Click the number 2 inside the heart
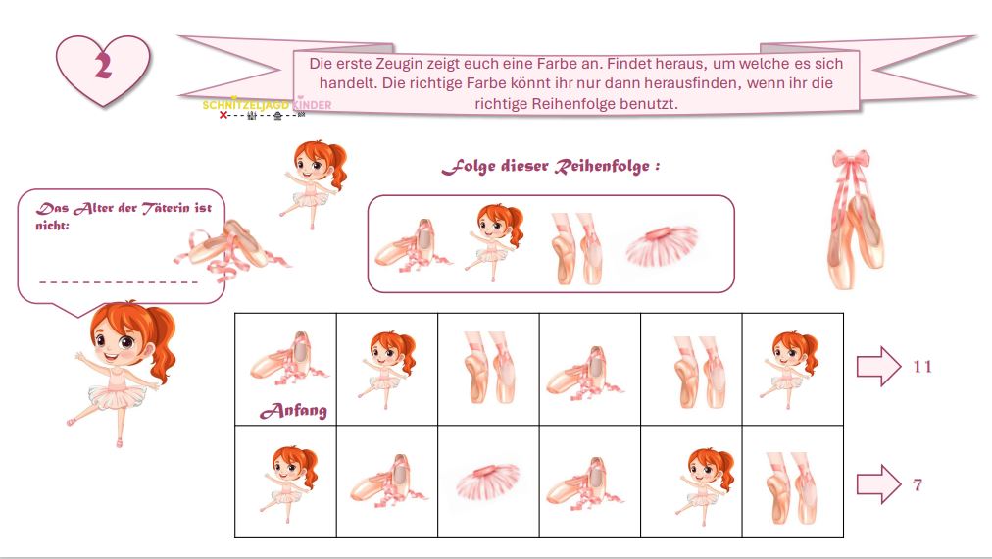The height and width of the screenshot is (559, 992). (x=103, y=66)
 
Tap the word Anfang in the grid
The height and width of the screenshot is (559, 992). (x=293, y=411)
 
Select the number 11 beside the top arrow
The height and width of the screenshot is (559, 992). (x=922, y=367)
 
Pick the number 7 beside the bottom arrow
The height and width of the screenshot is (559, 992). (x=918, y=484)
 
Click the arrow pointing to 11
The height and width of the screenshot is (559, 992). (x=878, y=366)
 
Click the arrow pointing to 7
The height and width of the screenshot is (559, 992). (x=878, y=484)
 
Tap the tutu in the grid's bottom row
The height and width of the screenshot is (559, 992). (x=488, y=482)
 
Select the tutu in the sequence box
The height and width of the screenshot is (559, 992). (x=662, y=245)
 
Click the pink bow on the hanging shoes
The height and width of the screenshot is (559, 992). (x=851, y=160)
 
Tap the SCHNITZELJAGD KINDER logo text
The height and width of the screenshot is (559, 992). (x=267, y=105)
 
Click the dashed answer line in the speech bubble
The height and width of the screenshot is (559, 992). (x=119, y=281)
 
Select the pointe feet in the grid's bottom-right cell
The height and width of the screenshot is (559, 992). (x=791, y=487)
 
